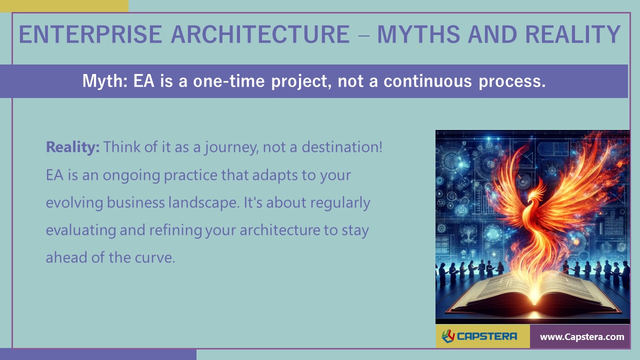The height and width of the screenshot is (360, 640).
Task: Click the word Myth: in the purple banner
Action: point(104,81)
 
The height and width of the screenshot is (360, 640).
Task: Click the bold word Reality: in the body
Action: point(73,147)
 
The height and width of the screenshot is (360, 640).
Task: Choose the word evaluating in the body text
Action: point(81,230)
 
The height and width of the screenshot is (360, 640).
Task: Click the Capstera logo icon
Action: point(448,336)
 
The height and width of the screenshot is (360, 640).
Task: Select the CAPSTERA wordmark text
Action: point(487,336)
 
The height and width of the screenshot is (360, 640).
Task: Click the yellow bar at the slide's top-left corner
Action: point(64,5)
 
